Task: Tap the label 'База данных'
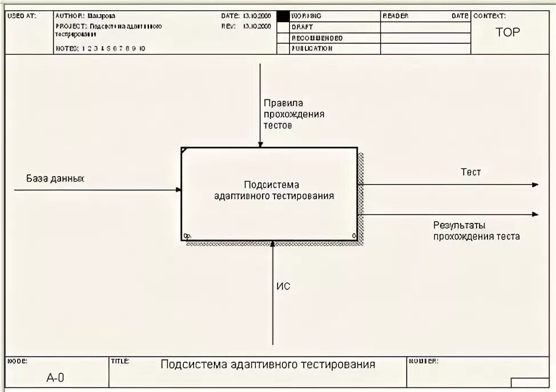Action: pos(55,178)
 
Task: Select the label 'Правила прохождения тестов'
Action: pos(293,114)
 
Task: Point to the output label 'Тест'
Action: pos(470,172)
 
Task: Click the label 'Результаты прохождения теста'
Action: pos(476,231)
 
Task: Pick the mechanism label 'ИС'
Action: pos(283,286)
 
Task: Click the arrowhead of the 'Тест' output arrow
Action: pos(535,185)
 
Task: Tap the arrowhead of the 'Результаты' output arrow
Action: pos(535,214)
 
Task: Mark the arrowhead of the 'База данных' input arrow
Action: pos(179,190)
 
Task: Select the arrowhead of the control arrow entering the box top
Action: pos(260,145)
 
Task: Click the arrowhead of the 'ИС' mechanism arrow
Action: pos(273,244)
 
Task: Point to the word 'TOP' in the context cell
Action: pos(507,33)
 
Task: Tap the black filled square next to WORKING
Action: pos(283,16)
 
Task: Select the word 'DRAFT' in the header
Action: pos(303,27)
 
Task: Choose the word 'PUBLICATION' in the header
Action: pos(312,49)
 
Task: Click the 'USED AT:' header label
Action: pos(22,16)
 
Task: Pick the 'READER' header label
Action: pos(395,16)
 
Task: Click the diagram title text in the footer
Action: pos(268,365)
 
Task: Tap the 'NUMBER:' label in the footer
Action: pos(422,361)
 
